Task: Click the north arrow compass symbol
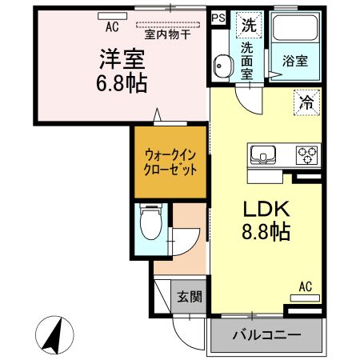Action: (54, 335)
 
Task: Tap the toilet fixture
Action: (151, 222)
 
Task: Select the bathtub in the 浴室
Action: (295, 28)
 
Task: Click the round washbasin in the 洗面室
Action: (222, 66)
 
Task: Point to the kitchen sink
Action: (263, 155)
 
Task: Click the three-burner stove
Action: (306, 155)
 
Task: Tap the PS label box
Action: (218, 18)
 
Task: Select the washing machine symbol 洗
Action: (249, 25)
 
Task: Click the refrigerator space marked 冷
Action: (306, 102)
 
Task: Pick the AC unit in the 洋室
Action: (112, 16)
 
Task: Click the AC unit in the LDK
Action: (305, 298)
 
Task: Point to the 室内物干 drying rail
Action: (168, 25)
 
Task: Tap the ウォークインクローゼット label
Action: (170, 162)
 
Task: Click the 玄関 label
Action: (190, 297)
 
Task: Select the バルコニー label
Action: (266, 334)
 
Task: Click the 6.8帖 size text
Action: (122, 83)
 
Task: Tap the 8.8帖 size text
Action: (266, 231)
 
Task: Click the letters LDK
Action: (266, 209)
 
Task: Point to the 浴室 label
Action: (295, 62)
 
